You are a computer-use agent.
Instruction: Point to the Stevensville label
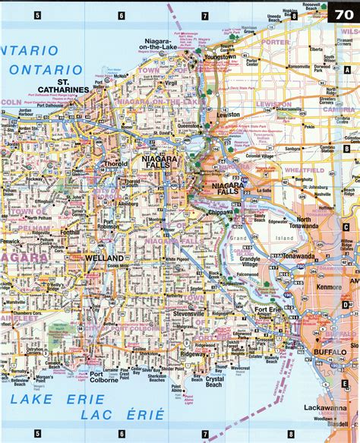(169, 312)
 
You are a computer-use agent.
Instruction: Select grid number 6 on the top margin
(121, 15)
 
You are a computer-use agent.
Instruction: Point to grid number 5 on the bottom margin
(36, 435)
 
